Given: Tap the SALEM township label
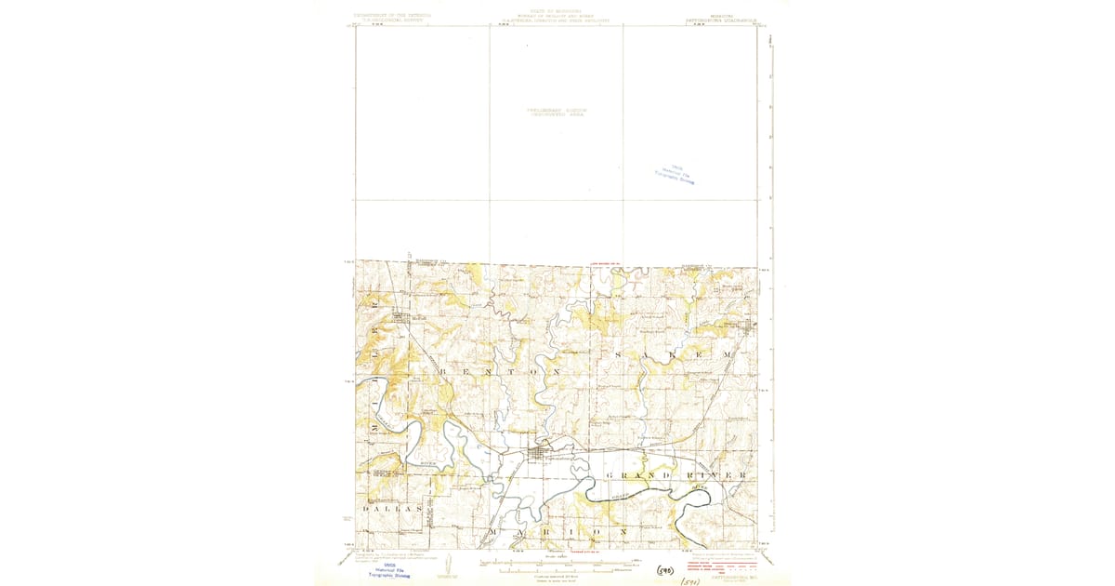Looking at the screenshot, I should (x=672, y=355).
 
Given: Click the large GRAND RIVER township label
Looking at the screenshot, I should (x=676, y=475).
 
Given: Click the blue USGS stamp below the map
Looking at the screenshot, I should (x=388, y=569).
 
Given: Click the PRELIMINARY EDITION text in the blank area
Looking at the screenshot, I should (x=557, y=112).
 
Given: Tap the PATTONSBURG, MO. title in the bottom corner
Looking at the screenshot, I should (x=734, y=577).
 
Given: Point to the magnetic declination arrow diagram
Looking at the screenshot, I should (x=448, y=566).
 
